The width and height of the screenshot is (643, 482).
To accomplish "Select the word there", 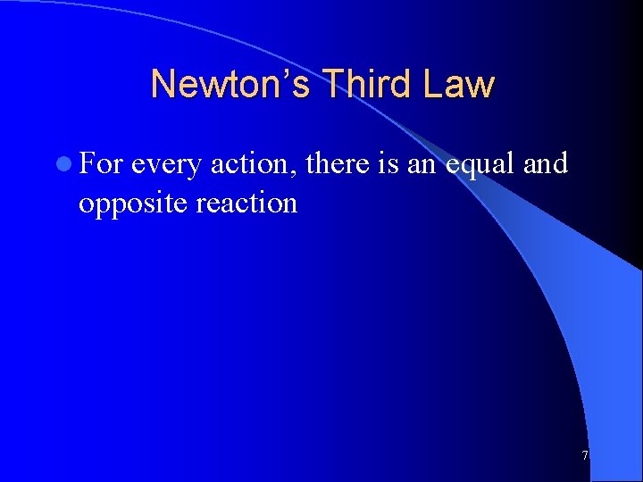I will (x=338, y=164).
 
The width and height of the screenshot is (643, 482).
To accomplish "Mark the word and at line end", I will (x=546, y=164).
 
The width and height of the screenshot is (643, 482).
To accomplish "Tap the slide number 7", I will (x=585, y=456).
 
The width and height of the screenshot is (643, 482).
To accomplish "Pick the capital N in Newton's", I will (x=163, y=85).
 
